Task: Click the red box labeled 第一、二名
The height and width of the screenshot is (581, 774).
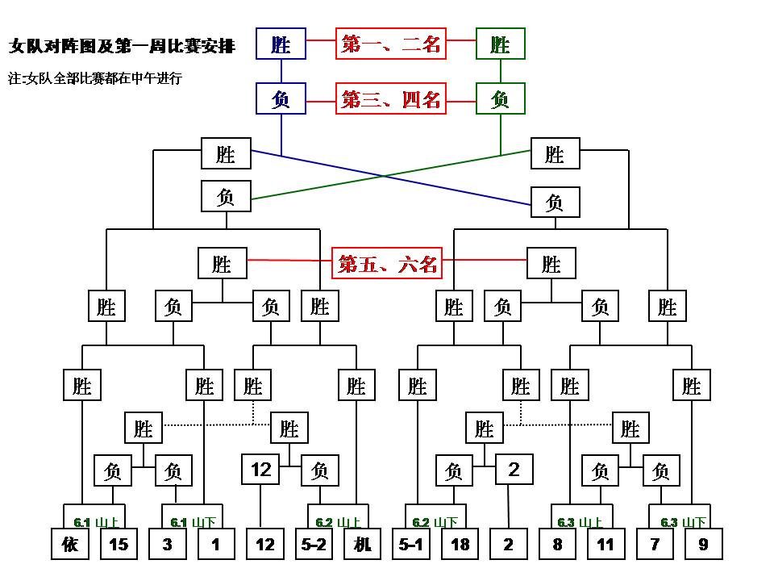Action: (x=391, y=44)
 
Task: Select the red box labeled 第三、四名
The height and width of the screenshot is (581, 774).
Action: (x=391, y=99)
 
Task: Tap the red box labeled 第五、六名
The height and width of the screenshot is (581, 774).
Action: (x=388, y=263)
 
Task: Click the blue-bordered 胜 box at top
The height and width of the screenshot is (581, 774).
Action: (x=281, y=44)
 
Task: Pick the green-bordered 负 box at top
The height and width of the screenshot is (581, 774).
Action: (x=500, y=99)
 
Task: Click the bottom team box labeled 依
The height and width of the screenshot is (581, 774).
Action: (x=70, y=544)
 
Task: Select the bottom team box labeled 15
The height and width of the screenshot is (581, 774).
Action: (x=119, y=544)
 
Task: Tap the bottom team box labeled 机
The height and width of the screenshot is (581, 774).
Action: (x=363, y=544)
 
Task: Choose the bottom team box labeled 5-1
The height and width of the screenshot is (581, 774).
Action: (x=411, y=544)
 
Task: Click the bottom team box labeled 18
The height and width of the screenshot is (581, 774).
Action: (x=460, y=544)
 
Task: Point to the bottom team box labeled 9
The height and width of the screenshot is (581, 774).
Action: (x=703, y=544)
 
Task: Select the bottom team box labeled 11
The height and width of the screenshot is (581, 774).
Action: (x=605, y=544)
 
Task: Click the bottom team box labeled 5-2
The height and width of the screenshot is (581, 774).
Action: (x=314, y=544)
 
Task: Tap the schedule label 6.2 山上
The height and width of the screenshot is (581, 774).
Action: (x=338, y=522)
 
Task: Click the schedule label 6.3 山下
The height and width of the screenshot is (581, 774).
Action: (x=684, y=522)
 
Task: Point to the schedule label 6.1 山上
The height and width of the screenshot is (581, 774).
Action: (x=92, y=522)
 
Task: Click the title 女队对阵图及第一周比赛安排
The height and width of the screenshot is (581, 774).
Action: (x=123, y=46)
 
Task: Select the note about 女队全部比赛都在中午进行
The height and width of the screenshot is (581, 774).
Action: (x=95, y=78)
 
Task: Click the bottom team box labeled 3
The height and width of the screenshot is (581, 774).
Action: (x=167, y=544)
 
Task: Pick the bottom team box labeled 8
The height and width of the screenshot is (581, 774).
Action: (x=557, y=544)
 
